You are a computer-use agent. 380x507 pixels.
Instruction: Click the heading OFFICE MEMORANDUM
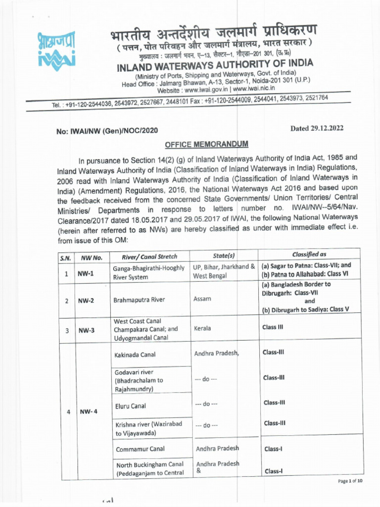click(x=206, y=144)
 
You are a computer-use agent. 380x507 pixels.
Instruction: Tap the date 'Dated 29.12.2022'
click(x=317, y=128)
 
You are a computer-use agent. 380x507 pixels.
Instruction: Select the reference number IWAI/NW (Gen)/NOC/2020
click(x=107, y=131)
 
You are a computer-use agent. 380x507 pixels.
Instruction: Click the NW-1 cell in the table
click(x=88, y=272)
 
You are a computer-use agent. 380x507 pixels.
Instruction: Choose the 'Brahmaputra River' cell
click(x=138, y=300)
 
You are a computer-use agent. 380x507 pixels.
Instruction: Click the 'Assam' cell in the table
click(x=202, y=299)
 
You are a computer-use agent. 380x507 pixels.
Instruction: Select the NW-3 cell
click(x=88, y=330)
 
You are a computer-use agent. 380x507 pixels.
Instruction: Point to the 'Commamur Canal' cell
click(x=140, y=450)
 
